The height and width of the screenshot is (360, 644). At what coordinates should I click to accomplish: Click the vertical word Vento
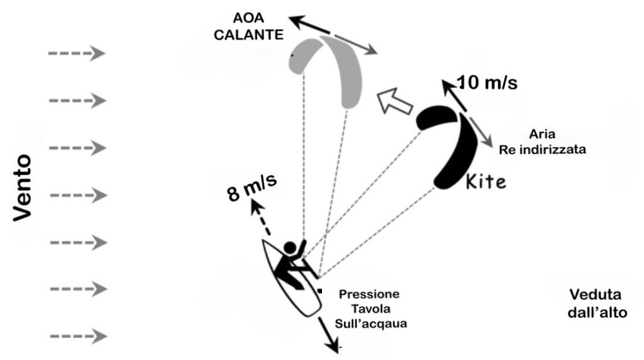click(x=22, y=188)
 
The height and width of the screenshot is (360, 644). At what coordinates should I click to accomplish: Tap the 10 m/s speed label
click(x=487, y=82)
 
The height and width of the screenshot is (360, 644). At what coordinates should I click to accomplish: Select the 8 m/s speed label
click(x=252, y=188)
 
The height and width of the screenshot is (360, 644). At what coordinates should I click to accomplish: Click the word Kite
click(x=486, y=181)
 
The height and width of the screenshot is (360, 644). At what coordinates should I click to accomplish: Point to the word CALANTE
click(x=248, y=35)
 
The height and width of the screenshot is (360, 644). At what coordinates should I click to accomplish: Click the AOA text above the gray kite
click(x=248, y=18)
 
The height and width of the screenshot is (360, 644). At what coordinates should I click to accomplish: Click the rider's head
click(x=289, y=247)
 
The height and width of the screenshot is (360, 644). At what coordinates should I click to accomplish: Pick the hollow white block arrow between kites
click(x=394, y=101)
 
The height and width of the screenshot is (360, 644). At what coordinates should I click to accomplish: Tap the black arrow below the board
click(x=328, y=334)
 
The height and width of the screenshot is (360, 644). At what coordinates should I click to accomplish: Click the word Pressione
click(x=369, y=295)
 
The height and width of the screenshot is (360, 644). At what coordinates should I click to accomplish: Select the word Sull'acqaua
click(x=371, y=323)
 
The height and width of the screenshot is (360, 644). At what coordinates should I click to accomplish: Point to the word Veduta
click(x=595, y=295)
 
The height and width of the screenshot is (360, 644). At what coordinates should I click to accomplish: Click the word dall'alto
click(x=597, y=313)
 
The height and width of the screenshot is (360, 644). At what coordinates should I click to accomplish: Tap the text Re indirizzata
click(x=542, y=149)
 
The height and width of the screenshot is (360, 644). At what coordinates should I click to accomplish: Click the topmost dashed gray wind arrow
click(x=77, y=53)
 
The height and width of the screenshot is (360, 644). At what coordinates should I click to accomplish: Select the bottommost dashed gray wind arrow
click(x=78, y=336)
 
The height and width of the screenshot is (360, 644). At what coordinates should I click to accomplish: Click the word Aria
click(x=542, y=134)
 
